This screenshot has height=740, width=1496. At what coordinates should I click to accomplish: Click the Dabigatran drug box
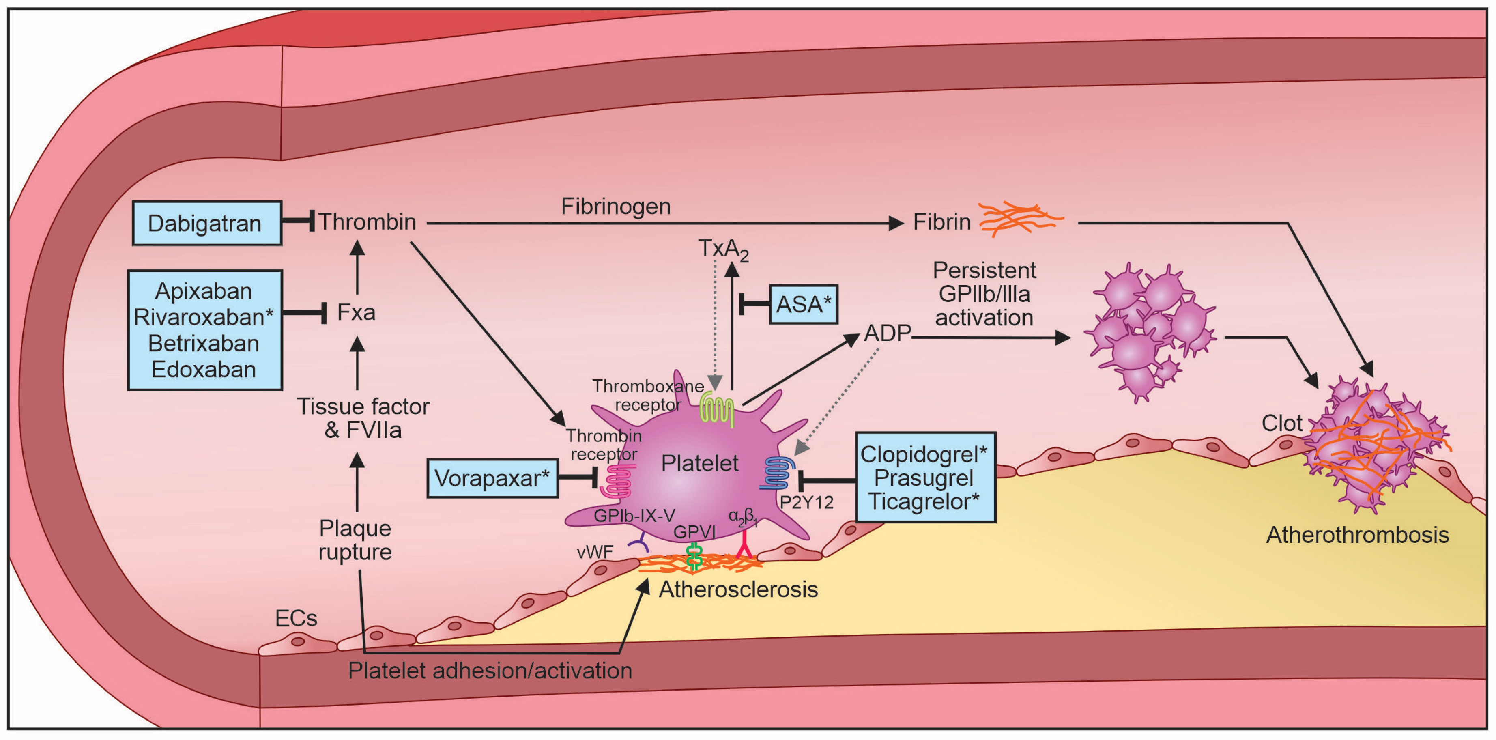pos(207,224)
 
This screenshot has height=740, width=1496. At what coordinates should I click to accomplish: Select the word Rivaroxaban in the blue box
pos(203,317)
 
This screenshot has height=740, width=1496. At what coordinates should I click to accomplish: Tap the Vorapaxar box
pos(492,478)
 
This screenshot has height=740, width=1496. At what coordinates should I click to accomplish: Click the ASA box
pos(803,304)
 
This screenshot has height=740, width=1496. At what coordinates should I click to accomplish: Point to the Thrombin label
pos(367,222)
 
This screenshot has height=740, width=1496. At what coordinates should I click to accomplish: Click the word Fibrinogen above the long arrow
pos(616,206)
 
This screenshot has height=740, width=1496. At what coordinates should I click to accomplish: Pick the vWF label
pos(595,552)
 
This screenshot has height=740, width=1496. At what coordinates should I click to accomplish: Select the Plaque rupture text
pos(355,540)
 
